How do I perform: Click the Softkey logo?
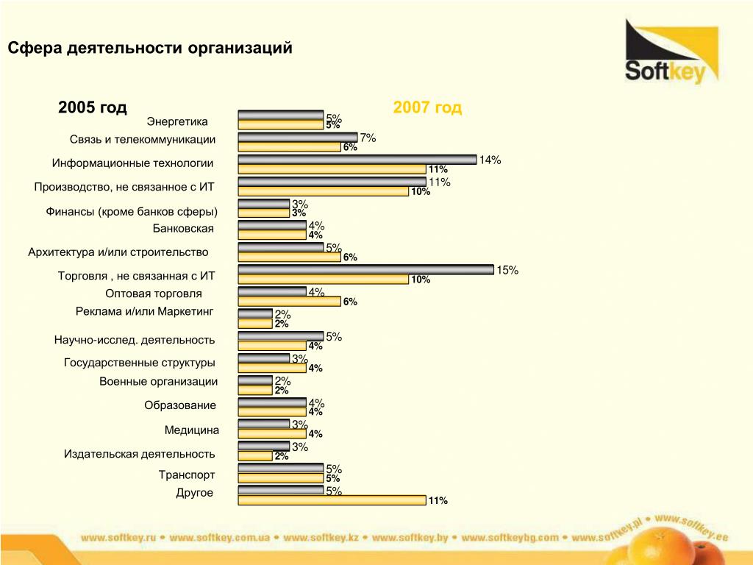(x=671, y=53)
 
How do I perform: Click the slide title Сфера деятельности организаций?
(x=150, y=49)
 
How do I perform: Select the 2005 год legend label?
(x=93, y=108)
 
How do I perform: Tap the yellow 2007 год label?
(x=427, y=108)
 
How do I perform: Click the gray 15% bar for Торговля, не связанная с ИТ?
(x=365, y=270)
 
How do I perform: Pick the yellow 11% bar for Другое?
(x=332, y=500)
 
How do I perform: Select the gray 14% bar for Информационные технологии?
(x=357, y=160)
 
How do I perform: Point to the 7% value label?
(x=368, y=138)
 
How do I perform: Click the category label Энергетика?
(x=177, y=121)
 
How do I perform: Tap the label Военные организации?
(x=158, y=381)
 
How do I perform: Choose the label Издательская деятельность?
(x=140, y=454)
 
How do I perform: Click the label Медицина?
(x=191, y=430)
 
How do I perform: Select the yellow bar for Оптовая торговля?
(x=289, y=302)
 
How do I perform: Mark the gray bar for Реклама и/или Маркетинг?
(x=255, y=314)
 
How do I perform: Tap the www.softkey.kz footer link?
(x=321, y=538)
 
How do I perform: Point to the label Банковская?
(x=183, y=228)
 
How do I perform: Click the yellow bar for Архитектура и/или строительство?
(x=289, y=257)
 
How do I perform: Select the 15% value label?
(x=507, y=271)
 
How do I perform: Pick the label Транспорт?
(x=187, y=475)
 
